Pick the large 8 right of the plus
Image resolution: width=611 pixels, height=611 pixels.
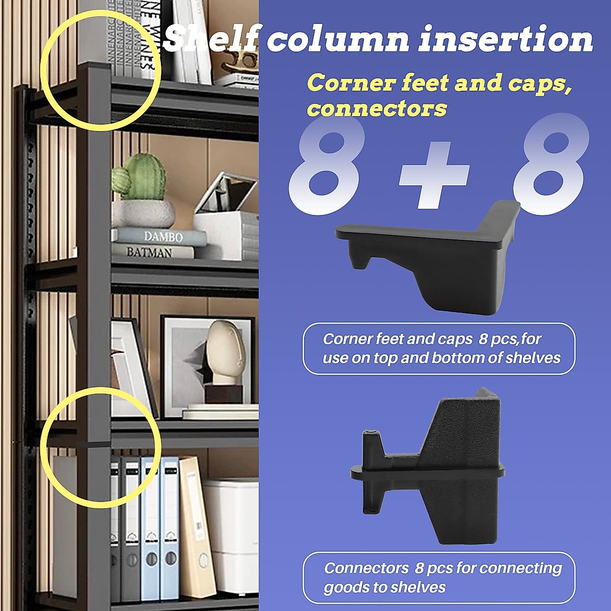tap(550, 168)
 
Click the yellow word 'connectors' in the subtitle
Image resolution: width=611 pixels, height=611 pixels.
tap(377, 108)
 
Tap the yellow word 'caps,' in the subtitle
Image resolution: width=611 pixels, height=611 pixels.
tap(548, 83)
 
